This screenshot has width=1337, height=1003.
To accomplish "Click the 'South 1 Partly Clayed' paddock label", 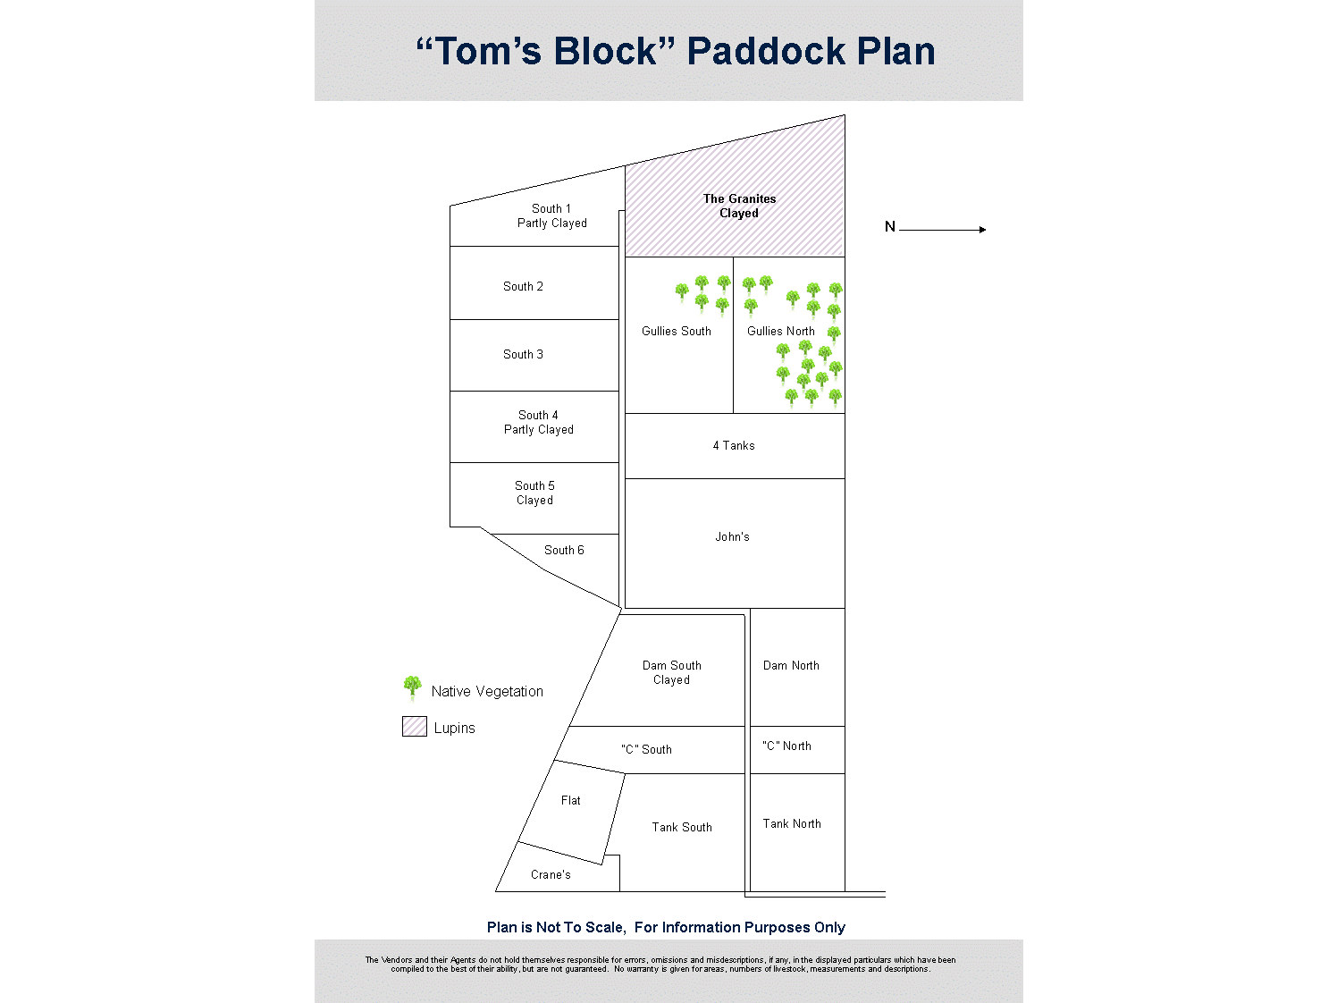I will (x=551, y=216).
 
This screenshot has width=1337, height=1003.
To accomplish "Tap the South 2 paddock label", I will (x=523, y=287).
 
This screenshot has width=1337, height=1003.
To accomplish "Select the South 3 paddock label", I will (x=523, y=355).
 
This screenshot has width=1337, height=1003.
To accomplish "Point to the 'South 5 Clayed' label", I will (x=534, y=493).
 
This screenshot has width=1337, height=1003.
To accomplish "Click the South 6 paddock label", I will (x=564, y=551).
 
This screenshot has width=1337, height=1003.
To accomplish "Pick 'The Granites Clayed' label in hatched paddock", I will (x=739, y=206).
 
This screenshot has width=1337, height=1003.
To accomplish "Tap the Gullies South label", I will (x=676, y=332).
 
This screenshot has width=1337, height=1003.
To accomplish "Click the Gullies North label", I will (x=780, y=332).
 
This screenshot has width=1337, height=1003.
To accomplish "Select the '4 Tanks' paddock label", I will (x=734, y=446).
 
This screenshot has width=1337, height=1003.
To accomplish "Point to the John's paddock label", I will (x=732, y=537).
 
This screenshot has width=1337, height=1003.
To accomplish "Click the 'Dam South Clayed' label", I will (x=671, y=673).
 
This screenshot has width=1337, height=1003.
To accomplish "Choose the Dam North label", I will (x=791, y=666).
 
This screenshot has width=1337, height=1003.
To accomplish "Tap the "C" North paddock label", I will (x=786, y=746).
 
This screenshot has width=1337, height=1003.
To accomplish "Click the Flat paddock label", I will (x=571, y=801).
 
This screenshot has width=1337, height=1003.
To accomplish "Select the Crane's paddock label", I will (x=551, y=875).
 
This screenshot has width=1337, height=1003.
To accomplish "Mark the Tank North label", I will (x=792, y=824).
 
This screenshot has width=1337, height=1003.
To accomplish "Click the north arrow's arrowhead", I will (x=982, y=230).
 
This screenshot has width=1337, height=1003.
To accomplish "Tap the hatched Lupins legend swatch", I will (x=415, y=727).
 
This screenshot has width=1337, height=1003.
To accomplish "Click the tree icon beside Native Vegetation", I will (x=412, y=687).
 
